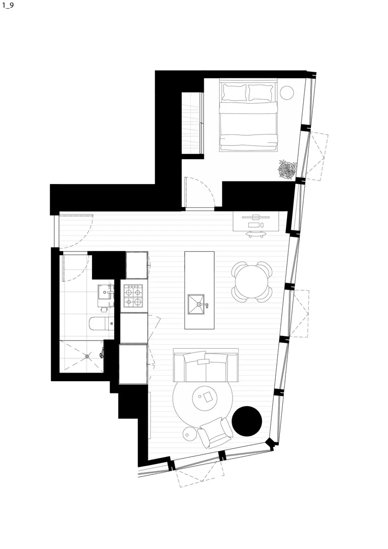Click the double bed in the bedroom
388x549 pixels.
(x=248, y=122)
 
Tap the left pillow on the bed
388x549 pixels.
(x=234, y=93)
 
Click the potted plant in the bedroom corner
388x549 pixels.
(x=287, y=169)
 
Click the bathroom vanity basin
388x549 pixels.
(x=106, y=292)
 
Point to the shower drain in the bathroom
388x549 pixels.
(x=89, y=357)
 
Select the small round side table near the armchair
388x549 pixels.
(x=189, y=434)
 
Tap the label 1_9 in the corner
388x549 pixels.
(x=8, y=8)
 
